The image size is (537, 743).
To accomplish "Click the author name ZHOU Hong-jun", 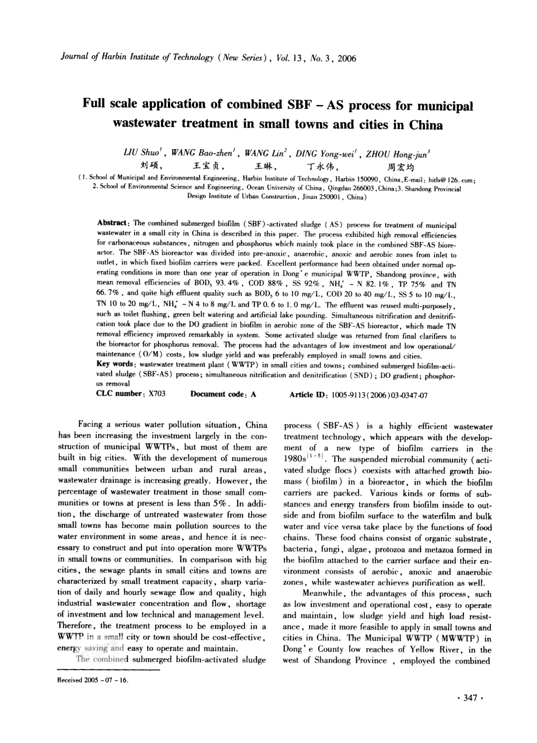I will point(397,154).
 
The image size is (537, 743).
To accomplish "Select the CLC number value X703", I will point(157,394).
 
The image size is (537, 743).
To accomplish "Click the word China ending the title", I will point(425,126).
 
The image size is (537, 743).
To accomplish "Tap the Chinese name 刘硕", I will point(152,166).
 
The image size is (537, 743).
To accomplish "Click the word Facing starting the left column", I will point(91,425).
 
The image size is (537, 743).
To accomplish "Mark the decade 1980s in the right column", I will point(294,459).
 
